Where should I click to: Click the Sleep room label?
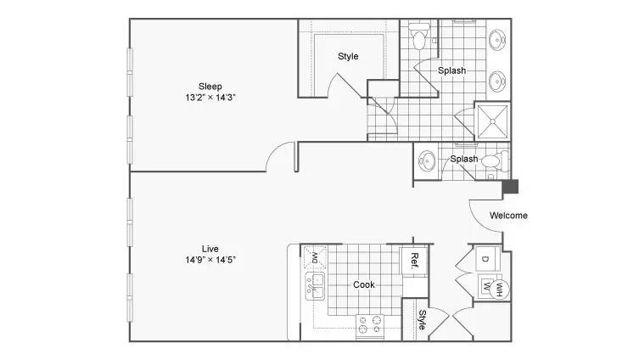click(x=210, y=87)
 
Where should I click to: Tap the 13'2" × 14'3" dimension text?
click(x=210, y=98)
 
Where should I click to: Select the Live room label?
click(x=210, y=249)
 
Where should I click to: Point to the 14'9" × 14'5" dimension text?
click(x=210, y=260)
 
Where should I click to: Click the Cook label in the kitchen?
click(x=364, y=284)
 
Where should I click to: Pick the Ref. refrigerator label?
click(x=414, y=261)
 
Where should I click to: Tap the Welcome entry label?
click(x=508, y=216)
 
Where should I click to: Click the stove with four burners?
click(x=370, y=326)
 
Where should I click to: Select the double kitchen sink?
click(x=315, y=286)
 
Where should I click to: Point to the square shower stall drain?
click(x=493, y=121)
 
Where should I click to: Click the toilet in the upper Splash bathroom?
click(x=419, y=37)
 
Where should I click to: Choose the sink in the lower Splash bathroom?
click(x=427, y=160)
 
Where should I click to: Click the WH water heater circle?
click(x=499, y=290)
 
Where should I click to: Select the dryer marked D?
click(x=488, y=258)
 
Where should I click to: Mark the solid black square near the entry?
click(x=510, y=186)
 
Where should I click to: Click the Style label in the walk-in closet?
click(x=348, y=56)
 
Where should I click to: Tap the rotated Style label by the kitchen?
click(x=423, y=319)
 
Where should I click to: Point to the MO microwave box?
click(x=315, y=257)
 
